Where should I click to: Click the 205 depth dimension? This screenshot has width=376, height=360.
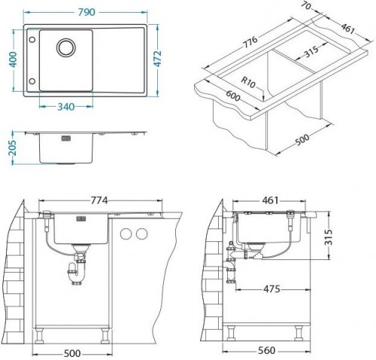tap(9, 147)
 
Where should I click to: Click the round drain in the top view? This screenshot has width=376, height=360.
tap(65, 46)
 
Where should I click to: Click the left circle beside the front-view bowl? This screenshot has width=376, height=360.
tap(126, 234)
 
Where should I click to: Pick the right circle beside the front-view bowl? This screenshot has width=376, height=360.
tap(141, 234)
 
